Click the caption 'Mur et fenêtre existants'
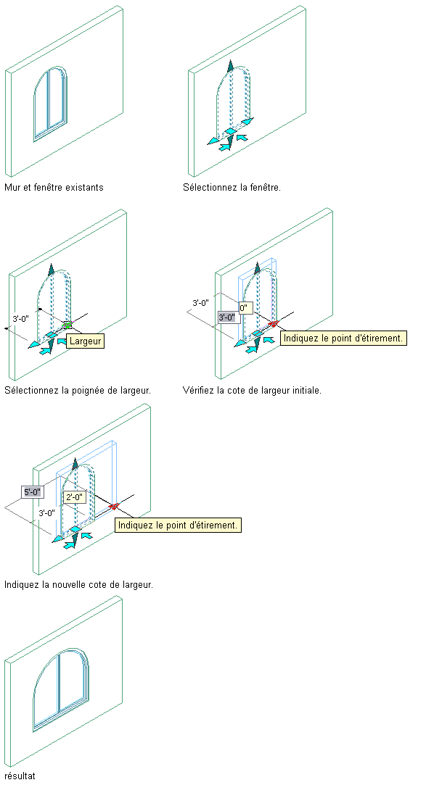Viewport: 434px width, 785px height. click(x=54, y=187)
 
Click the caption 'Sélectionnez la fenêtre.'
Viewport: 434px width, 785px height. click(x=232, y=187)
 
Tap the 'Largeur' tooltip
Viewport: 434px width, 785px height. click(x=85, y=341)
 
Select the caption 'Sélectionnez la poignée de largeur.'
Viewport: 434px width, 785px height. click(x=78, y=390)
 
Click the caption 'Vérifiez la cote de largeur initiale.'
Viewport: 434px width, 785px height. click(x=252, y=390)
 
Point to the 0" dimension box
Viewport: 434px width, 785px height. click(x=245, y=308)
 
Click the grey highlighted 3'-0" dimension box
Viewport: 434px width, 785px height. click(x=227, y=317)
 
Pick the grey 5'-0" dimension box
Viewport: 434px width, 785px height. click(x=33, y=491)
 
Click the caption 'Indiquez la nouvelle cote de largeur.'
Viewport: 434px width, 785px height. click(x=78, y=584)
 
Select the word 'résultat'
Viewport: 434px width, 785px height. click(x=20, y=776)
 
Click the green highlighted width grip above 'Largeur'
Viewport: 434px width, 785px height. click(x=67, y=325)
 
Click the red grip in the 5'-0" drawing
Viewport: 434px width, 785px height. click(x=114, y=506)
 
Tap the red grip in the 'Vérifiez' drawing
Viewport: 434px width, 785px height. click(x=273, y=324)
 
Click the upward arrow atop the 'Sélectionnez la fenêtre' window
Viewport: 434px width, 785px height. click(x=230, y=66)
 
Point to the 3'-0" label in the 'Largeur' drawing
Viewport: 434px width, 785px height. click(x=21, y=318)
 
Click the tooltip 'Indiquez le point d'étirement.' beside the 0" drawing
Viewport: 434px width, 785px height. click(x=343, y=338)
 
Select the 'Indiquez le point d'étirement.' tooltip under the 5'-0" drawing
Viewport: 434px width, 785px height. click(x=178, y=526)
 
